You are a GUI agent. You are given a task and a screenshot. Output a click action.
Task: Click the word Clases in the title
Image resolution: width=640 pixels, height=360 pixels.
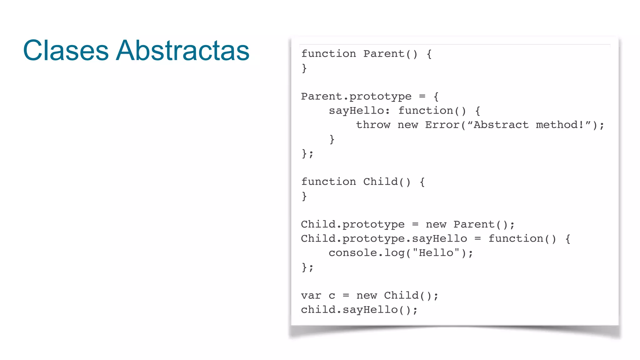click(66, 50)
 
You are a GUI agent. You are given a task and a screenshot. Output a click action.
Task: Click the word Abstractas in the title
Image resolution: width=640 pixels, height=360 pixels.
click(182, 50)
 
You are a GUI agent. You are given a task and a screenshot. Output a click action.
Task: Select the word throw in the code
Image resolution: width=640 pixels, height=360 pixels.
click(373, 125)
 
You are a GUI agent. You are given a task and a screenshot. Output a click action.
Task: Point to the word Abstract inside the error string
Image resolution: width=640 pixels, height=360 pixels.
click(501, 125)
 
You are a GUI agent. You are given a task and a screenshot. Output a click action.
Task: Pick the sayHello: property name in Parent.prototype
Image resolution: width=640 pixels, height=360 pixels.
click(359, 111)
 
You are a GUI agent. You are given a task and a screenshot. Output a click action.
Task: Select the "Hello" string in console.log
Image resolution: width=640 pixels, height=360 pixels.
click(436, 253)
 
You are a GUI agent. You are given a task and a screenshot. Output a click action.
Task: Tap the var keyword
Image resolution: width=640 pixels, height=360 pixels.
click(311, 296)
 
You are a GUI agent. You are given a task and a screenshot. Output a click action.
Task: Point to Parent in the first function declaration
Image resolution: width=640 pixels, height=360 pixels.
click(384, 54)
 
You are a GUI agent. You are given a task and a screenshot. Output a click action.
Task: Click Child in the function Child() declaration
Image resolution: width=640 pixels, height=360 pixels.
click(380, 182)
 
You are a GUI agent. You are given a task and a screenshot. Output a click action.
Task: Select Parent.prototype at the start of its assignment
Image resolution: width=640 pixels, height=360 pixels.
click(356, 97)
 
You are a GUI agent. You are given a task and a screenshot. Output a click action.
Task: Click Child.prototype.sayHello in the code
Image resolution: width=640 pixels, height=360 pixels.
click(384, 239)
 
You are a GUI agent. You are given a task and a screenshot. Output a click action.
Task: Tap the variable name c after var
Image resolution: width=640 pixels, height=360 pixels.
click(332, 296)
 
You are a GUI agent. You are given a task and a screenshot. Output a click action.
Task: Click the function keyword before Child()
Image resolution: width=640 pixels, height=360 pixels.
click(328, 182)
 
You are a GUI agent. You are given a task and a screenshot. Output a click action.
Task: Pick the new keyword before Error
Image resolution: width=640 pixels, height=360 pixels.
click(408, 125)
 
